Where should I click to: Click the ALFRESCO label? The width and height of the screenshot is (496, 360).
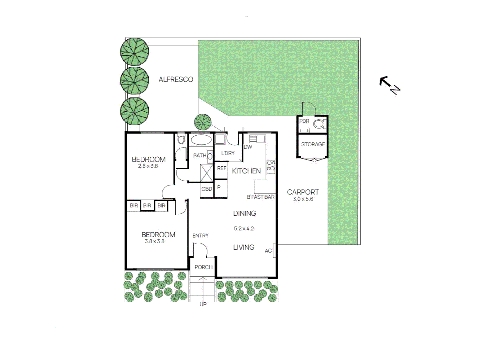coord(176,79)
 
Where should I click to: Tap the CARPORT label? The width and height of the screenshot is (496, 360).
coord(303,192)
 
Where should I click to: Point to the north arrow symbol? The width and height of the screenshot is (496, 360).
coord(390,85)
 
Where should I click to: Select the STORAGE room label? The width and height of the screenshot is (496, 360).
coord(313,144)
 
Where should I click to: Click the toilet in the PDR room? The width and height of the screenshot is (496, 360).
coord(320,124)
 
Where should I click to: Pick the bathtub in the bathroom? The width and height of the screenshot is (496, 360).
coord(201,140)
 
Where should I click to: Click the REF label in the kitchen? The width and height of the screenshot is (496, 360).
coord(222,168)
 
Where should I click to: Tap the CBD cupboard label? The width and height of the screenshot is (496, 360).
coord(207,189)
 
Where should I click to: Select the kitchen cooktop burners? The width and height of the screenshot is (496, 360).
coord(271,167)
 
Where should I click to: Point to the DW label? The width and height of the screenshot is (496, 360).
coord(248,147)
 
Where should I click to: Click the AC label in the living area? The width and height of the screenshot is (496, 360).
coord(268,251)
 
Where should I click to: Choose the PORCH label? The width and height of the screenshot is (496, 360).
coord(203,267)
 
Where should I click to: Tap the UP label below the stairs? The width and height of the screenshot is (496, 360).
coord(203,304)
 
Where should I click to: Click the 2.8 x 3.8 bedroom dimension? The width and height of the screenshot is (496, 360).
coord(148,166)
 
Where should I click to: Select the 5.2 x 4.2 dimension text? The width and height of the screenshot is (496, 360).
coord(244,228)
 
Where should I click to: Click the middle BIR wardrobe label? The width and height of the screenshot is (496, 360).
coord(147,206)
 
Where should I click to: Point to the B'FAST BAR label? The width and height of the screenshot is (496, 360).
coord(261,197)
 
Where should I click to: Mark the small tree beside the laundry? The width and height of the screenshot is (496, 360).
coord(203,122)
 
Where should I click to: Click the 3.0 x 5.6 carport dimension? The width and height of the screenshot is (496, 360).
coord(303,199)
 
